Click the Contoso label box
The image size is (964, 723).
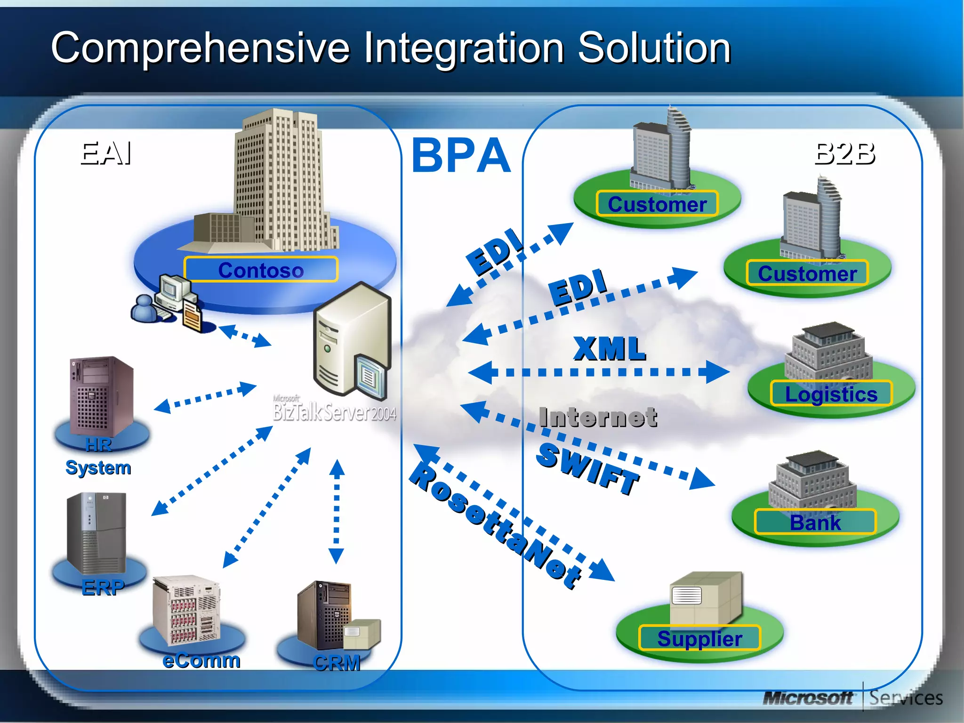pyautogui.click(x=261, y=270)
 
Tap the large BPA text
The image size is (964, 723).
pyautogui.click(x=461, y=155)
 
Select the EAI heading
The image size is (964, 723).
pyautogui.click(x=106, y=153)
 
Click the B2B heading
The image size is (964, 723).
pyautogui.click(x=844, y=153)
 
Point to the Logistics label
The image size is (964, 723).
pyautogui.click(x=831, y=394)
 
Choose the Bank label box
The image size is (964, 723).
pyautogui.click(x=815, y=522)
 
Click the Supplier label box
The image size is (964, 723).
pyautogui.click(x=699, y=638)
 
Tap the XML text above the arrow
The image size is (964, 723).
pyautogui.click(x=610, y=349)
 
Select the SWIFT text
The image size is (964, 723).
pyautogui.click(x=588, y=468)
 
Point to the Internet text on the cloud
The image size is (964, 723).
pyautogui.click(x=598, y=418)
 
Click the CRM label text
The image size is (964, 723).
pyautogui.click(x=337, y=663)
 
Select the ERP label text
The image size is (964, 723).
pyautogui.click(x=103, y=587)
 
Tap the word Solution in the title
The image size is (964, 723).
pyautogui.click(x=654, y=48)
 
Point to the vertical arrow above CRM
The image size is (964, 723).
pyautogui.click(x=337, y=511)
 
